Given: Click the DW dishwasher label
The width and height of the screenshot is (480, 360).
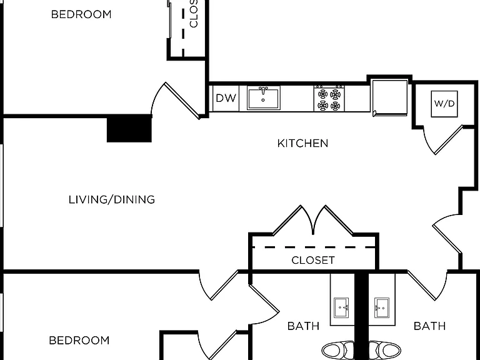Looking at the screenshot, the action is click(226, 98).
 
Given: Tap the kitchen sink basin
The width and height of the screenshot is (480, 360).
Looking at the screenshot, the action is click(263, 99).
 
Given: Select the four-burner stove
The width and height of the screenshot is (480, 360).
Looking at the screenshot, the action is click(329, 99).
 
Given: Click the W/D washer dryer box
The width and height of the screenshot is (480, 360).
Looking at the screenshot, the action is click(444, 104).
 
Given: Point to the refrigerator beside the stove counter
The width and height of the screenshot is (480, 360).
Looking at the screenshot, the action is click(390, 97).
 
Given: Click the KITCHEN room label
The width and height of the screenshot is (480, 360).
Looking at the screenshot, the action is click(302, 143).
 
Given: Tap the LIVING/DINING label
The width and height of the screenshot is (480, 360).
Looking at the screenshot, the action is click(112, 199).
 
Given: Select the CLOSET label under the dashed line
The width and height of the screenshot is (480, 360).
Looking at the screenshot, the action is click(313, 260).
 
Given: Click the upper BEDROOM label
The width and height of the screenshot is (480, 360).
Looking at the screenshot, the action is click(81, 14).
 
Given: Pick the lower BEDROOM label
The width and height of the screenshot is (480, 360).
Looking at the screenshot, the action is click(79, 341).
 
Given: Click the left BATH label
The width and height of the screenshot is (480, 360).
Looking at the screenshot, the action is click(303, 326).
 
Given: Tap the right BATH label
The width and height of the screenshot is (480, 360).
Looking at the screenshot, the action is click(429, 326).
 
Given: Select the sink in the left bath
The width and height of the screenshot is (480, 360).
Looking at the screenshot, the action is click(342, 307).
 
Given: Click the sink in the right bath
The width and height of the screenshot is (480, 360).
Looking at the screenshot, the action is click(381, 307).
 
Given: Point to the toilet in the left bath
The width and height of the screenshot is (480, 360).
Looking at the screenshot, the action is click(338, 350).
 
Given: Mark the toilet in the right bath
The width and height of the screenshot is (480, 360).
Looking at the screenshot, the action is click(385, 350).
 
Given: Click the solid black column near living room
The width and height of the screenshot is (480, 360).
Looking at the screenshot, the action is click(129, 129).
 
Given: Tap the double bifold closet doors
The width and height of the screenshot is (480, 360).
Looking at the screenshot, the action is click(313, 221).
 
